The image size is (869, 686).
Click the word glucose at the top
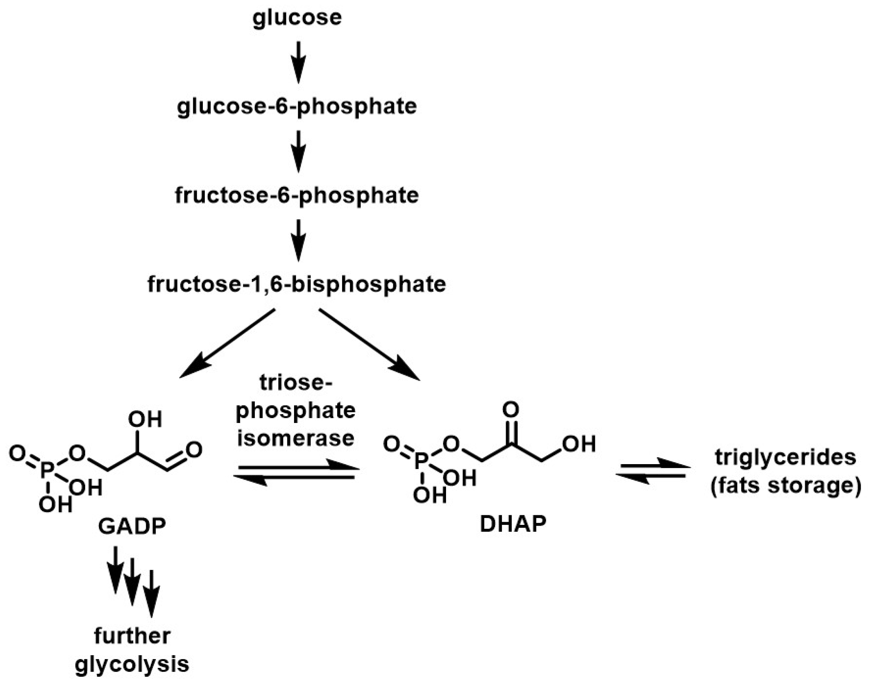[297, 18]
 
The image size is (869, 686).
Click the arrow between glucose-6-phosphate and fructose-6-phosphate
[298, 151]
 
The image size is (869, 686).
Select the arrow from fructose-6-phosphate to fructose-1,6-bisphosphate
[298, 240]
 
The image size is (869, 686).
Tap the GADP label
[132, 526]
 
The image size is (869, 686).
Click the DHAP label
[513, 524]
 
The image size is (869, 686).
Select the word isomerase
[296, 438]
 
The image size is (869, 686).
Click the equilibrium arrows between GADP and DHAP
[296, 473]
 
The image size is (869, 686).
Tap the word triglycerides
[785, 458]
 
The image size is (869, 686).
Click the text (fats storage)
[785, 486]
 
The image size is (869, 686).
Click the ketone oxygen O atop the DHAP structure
[511, 410]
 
